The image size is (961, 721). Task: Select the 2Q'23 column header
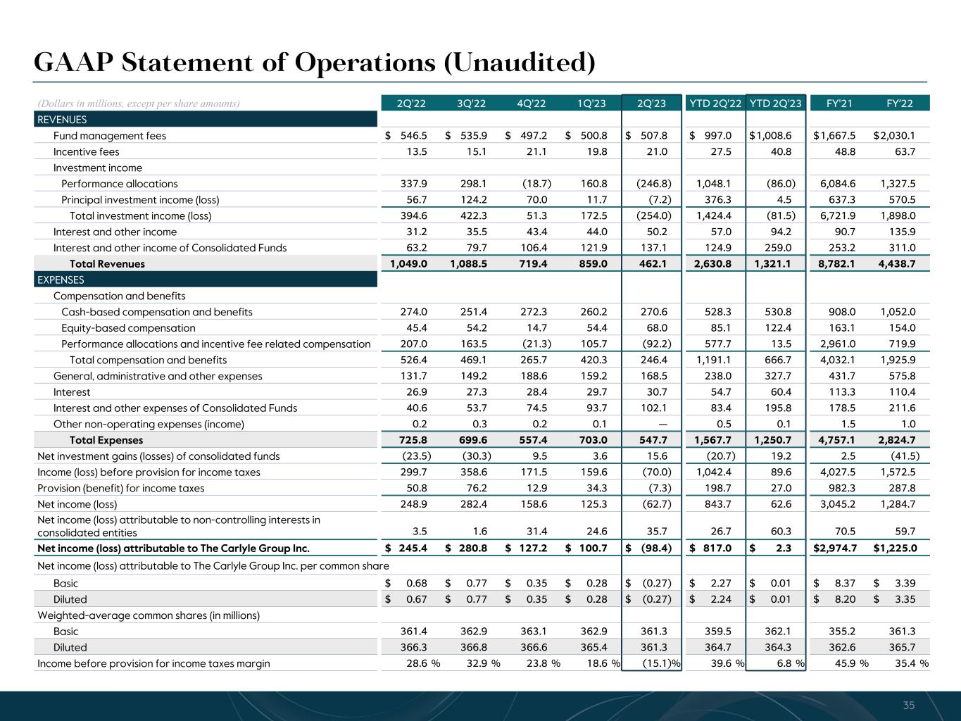pos(651,104)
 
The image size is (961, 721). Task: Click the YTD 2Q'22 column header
pos(715,104)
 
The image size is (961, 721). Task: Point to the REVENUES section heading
pos(62,120)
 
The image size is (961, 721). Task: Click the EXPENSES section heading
pos(61,280)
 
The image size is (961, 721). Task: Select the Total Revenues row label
pos(107,264)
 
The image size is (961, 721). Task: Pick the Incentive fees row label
pos(86,152)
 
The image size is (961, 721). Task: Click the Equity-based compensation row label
pos(128,328)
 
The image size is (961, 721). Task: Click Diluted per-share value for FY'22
pos(903,600)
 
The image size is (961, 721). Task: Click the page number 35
pos(909,706)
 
